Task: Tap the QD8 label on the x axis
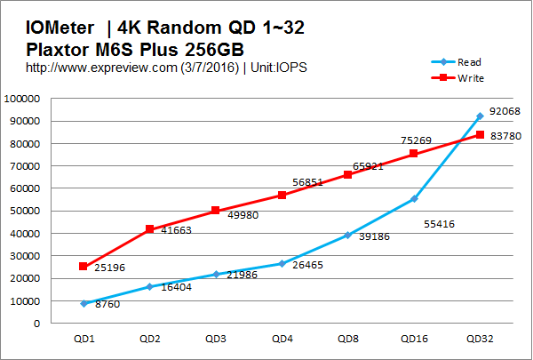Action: click(348, 339)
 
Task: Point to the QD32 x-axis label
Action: click(480, 339)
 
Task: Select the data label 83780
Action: click(504, 135)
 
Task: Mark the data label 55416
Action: click(440, 224)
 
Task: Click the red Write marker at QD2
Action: click(149, 229)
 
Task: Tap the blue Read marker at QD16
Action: click(414, 199)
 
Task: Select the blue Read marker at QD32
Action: click(480, 116)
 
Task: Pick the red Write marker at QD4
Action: click(282, 195)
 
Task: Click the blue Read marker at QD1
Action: click(84, 304)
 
